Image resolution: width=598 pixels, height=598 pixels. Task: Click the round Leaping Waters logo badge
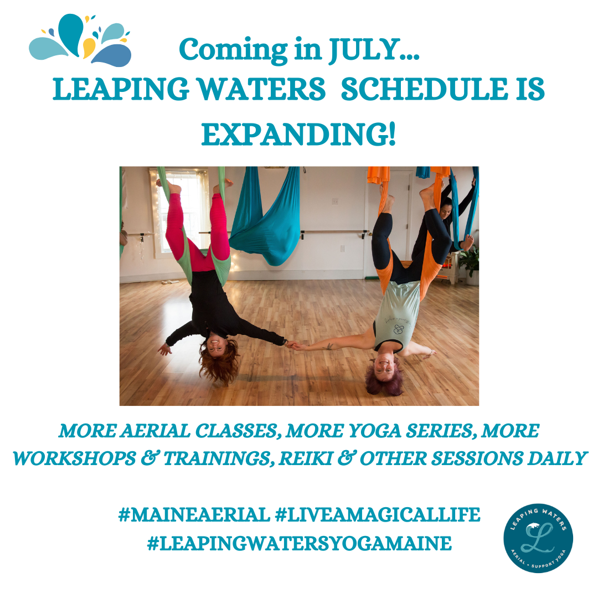tap(538, 538)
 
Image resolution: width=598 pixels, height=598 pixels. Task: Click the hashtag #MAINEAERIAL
tap(193, 515)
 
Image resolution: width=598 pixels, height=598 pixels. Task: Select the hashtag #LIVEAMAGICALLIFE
tap(377, 515)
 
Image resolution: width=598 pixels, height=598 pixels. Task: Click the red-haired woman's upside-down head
tap(219, 363)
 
